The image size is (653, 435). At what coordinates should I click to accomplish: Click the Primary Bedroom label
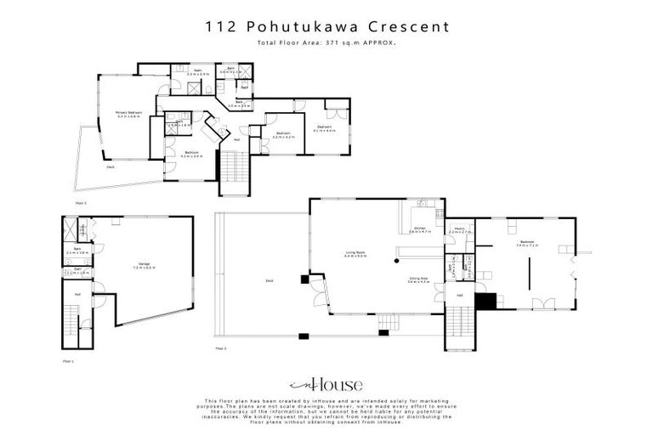(128, 114)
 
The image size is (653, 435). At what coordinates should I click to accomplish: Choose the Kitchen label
(420, 229)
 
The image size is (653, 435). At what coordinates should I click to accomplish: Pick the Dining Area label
(417, 279)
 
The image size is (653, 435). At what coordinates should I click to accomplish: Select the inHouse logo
(326, 384)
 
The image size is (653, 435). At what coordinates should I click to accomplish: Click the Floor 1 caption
(69, 361)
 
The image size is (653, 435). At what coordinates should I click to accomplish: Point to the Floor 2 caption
(221, 348)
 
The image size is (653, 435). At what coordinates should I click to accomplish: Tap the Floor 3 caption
(82, 203)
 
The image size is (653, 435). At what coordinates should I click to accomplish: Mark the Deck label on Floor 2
(269, 280)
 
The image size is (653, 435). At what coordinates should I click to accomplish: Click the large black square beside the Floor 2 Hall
(485, 300)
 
